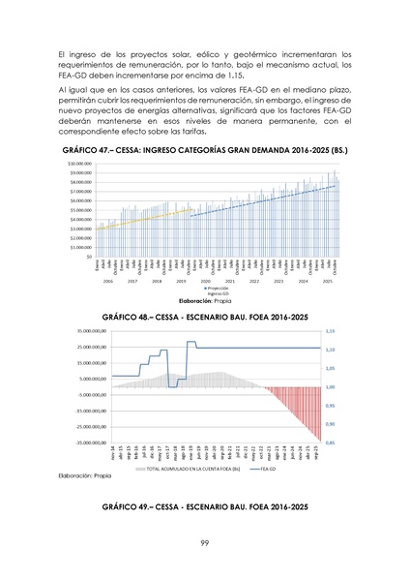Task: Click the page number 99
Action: tap(205, 541)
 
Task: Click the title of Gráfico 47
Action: tap(205, 152)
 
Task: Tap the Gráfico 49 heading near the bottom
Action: tap(205, 506)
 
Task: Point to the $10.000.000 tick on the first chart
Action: tap(80, 164)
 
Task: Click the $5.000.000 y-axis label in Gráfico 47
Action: tap(80, 210)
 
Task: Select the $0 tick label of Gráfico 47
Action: tap(89, 258)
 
